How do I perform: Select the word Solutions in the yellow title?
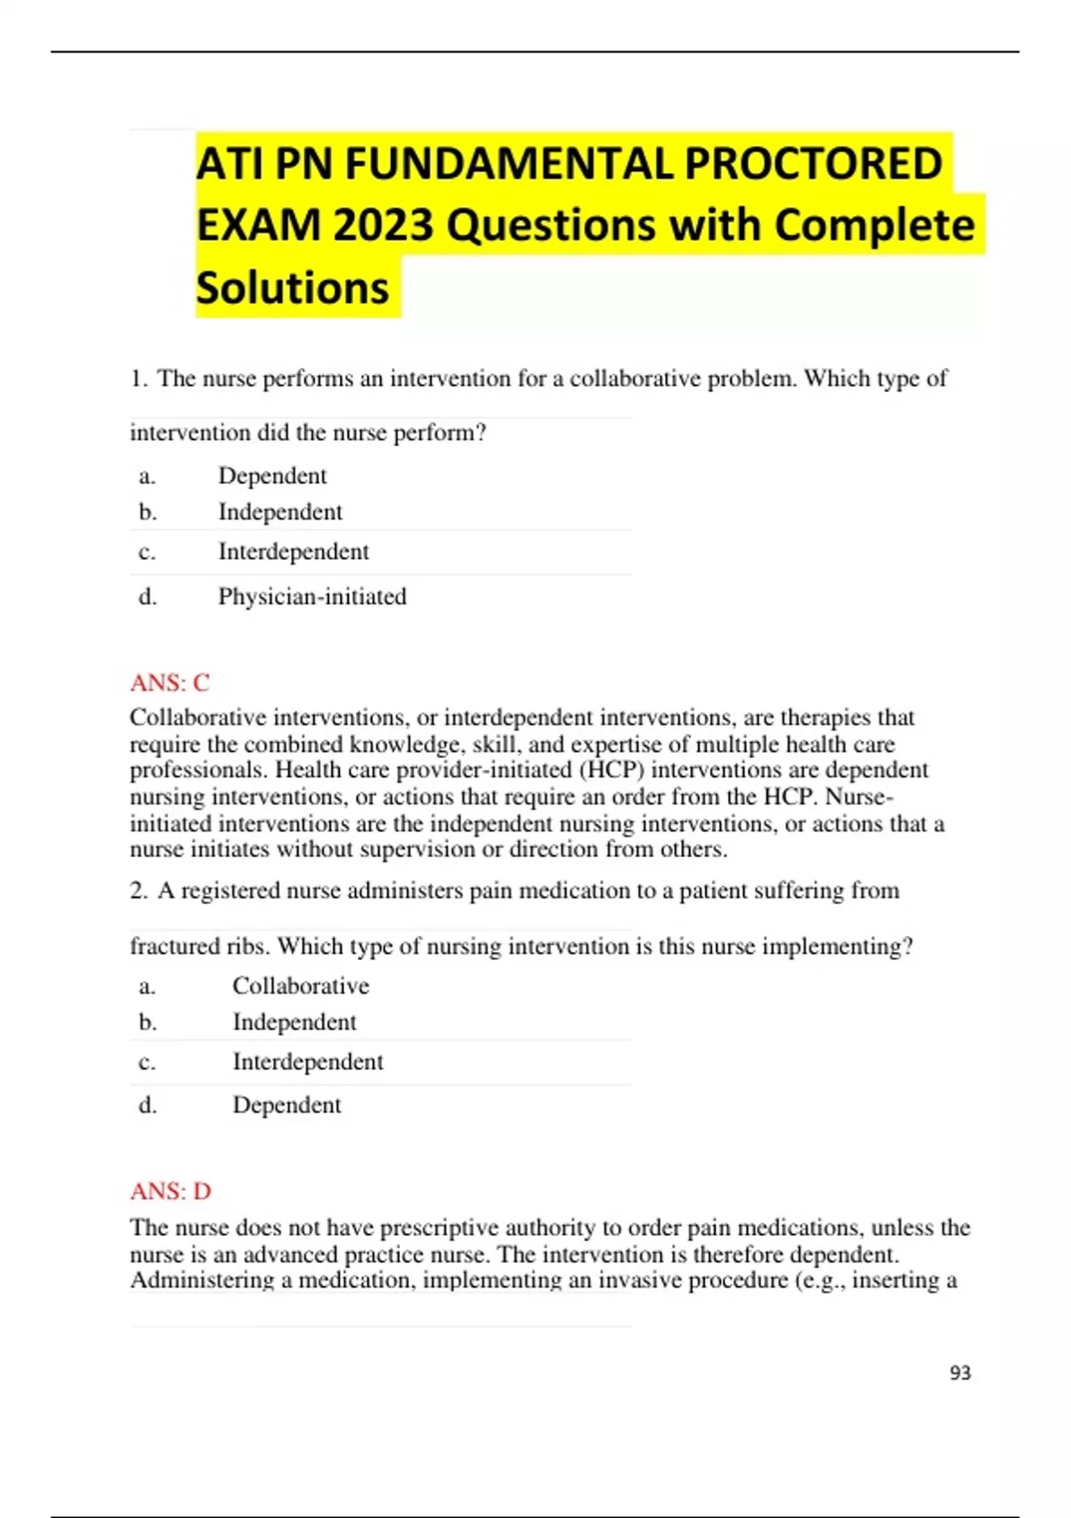pyautogui.click(x=292, y=288)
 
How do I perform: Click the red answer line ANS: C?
pyautogui.click(x=170, y=683)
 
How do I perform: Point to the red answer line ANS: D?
pyautogui.click(x=170, y=1191)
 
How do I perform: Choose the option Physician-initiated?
pyautogui.click(x=311, y=596)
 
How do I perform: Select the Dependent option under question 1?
pyautogui.click(x=272, y=476)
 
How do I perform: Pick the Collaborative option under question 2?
pyautogui.click(x=301, y=986)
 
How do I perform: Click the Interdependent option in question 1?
pyautogui.click(x=293, y=552)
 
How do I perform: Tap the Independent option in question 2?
pyautogui.click(x=294, y=1022)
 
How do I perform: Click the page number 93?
pyautogui.click(x=960, y=1373)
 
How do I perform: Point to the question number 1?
pyautogui.click(x=138, y=379)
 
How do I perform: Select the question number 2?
pyautogui.click(x=138, y=891)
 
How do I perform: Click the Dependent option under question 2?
pyautogui.click(x=286, y=1105)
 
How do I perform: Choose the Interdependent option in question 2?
pyautogui.click(x=307, y=1062)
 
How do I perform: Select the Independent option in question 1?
pyautogui.click(x=279, y=513)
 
